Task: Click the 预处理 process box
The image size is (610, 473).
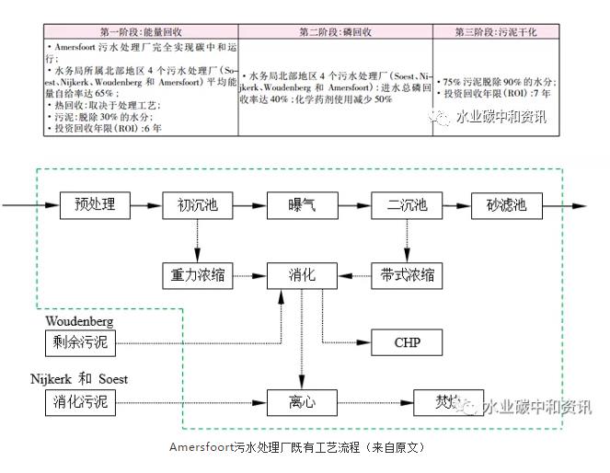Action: pos(95,204)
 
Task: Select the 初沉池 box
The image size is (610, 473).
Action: pos(197,204)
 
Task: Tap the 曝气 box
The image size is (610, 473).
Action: pos(301,204)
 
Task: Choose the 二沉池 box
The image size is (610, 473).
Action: pos(407,204)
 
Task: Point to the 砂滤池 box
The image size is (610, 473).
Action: pos(506,204)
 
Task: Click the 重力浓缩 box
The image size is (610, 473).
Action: pos(197,274)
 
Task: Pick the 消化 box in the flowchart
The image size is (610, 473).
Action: pos(302,274)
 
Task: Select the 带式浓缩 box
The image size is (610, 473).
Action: pos(407,274)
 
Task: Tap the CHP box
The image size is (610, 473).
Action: pos(407,343)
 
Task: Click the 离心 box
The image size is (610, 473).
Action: pos(302,402)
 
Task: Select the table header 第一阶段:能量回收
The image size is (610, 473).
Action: pos(145,32)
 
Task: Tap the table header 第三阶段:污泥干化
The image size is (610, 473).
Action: pos(496,32)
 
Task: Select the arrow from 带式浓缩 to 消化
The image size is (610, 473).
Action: pos(355,274)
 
